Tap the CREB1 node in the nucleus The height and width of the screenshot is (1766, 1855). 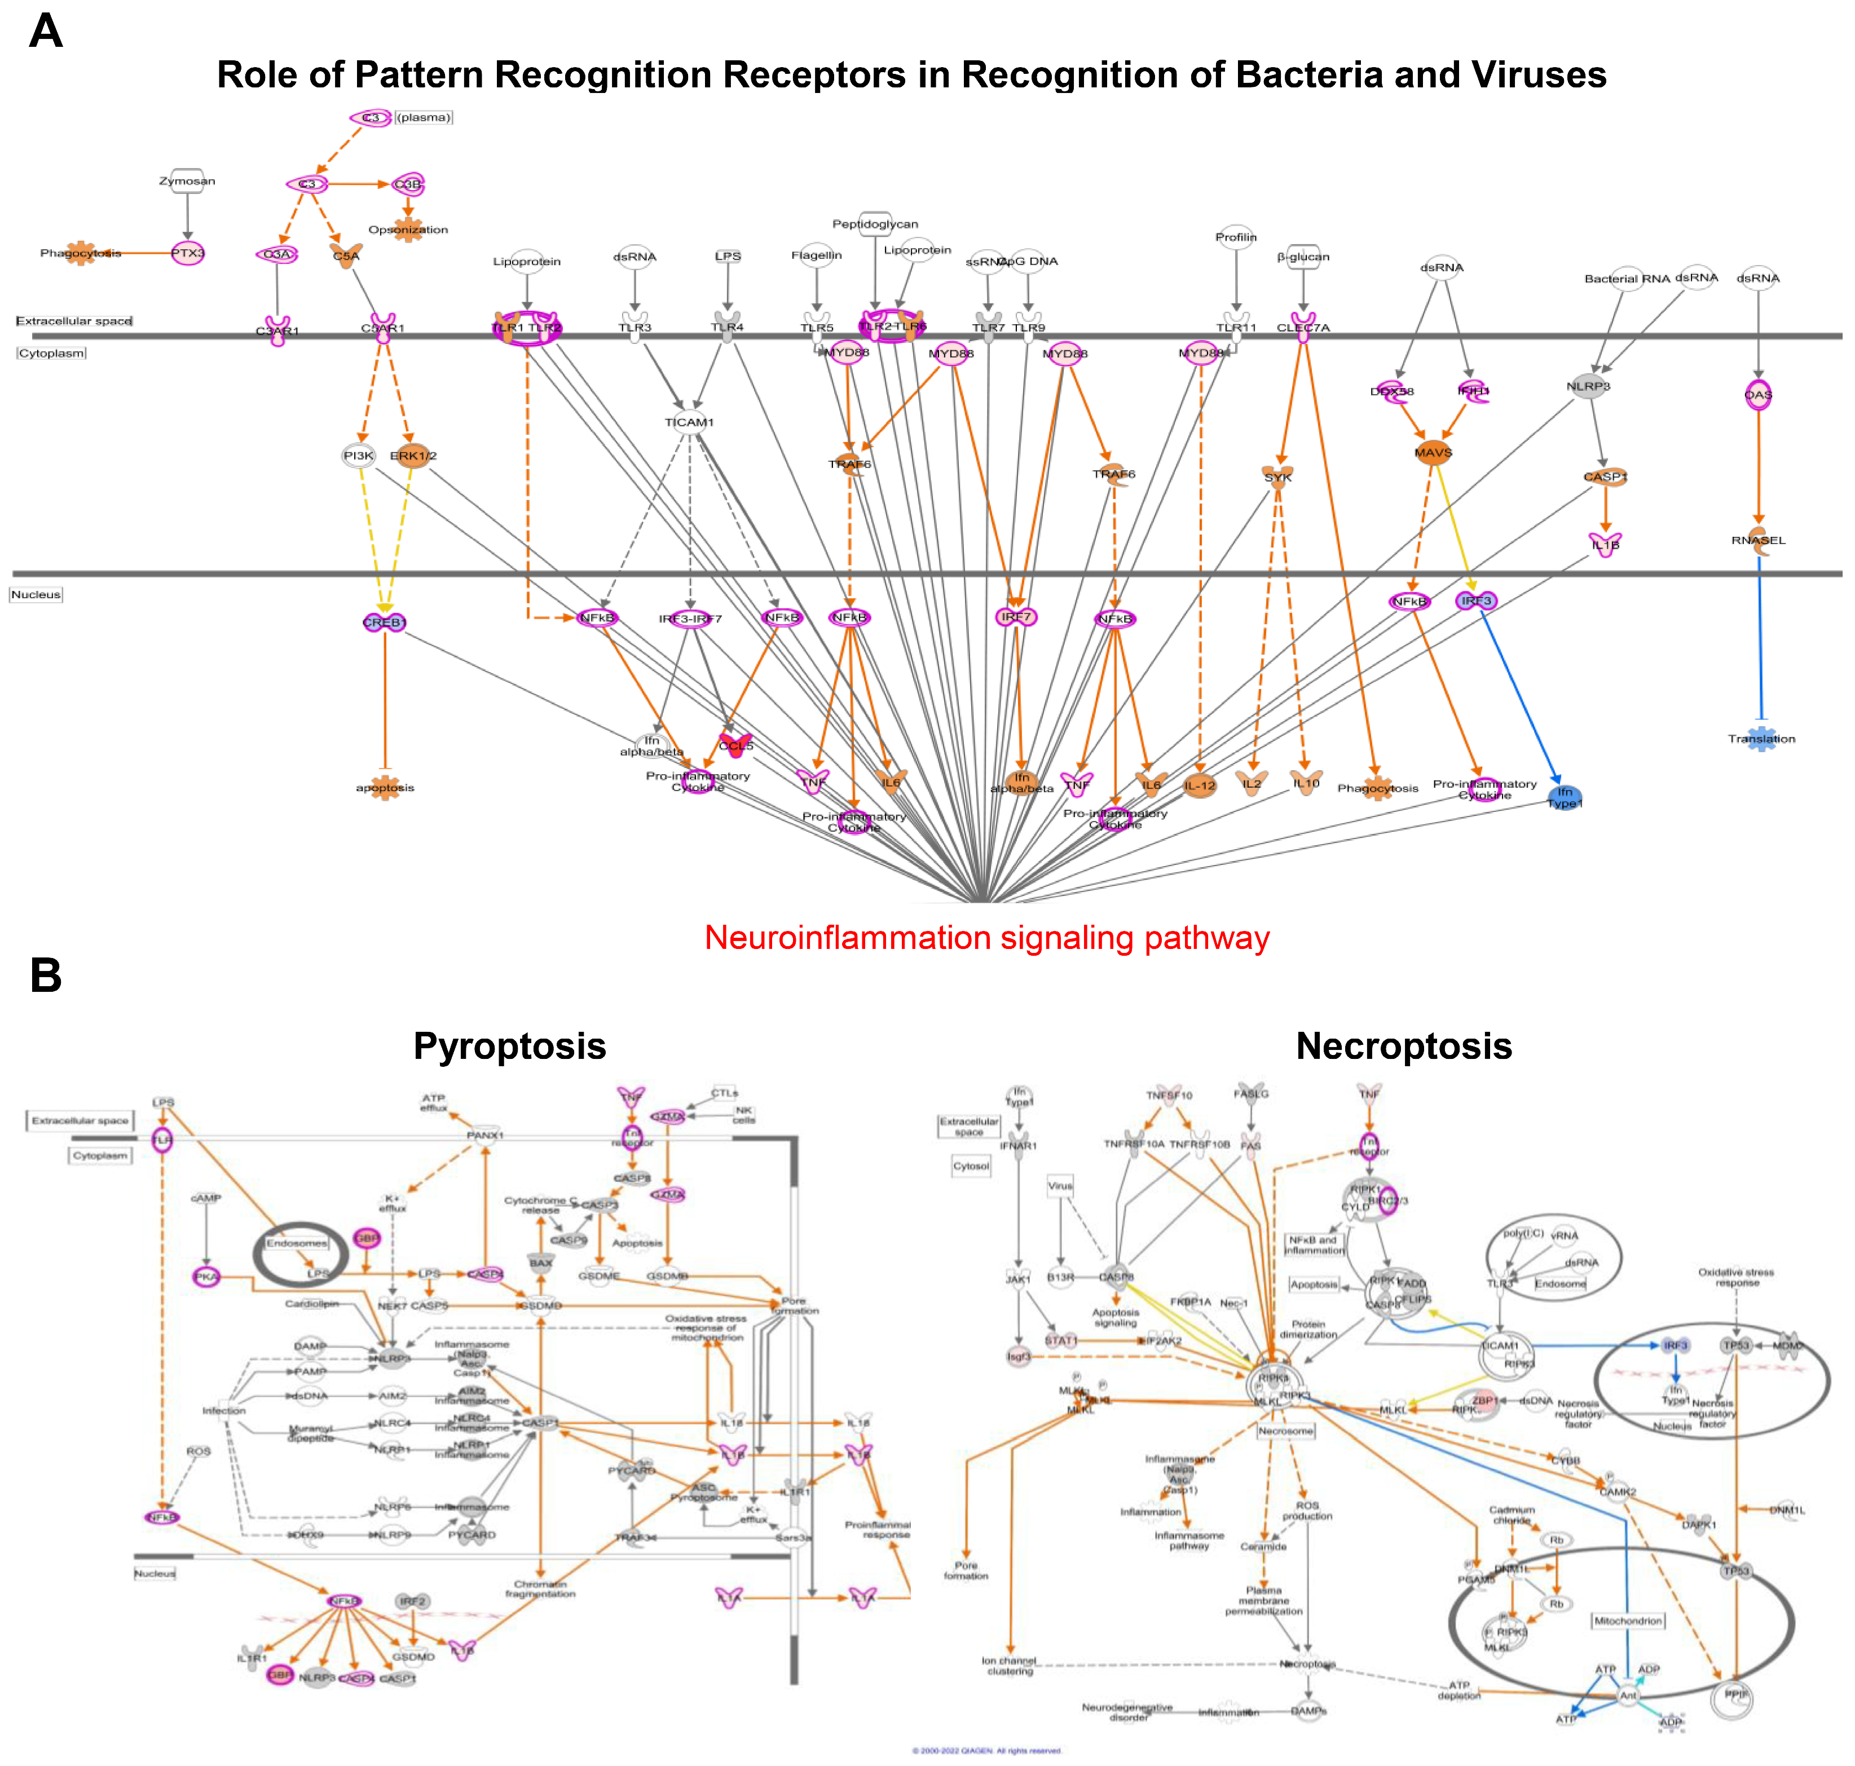384,622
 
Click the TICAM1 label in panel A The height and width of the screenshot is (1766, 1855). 689,422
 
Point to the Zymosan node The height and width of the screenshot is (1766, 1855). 187,181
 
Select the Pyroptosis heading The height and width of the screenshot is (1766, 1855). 509,1046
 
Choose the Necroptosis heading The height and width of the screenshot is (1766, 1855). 1403,1046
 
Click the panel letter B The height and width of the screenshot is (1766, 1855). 45,975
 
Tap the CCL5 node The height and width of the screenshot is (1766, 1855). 735,745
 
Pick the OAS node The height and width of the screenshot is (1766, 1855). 1758,395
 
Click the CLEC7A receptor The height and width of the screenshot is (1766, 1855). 1303,326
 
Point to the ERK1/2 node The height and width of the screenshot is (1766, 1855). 412,456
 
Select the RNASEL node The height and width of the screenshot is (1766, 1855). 1758,540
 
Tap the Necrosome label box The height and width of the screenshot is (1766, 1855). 1285,1430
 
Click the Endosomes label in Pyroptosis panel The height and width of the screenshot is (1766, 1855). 297,1243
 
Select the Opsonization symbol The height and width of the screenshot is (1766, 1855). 408,229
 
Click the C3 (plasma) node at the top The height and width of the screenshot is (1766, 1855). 371,118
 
